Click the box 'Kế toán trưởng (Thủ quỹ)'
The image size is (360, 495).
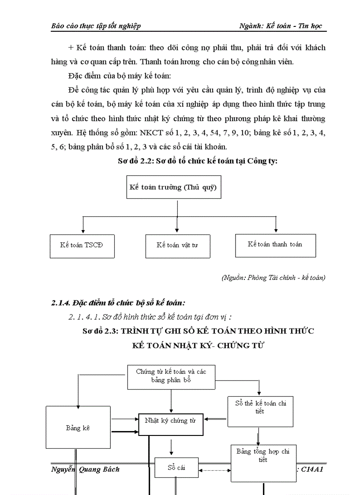(x=173, y=187)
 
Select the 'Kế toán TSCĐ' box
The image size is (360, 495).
(x=82, y=245)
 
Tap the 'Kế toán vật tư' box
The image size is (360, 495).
(x=177, y=246)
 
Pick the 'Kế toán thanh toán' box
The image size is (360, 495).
(x=275, y=245)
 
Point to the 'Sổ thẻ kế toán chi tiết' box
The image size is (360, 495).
(x=260, y=411)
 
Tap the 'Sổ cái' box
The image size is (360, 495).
(x=176, y=468)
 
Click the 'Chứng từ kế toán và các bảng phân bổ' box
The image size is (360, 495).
(x=171, y=376)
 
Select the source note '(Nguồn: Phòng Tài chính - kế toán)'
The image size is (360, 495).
(x=273, y=278)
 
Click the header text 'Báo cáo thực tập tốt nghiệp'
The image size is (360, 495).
(x=96, y=26)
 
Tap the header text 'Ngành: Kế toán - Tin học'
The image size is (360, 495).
(x=281, y=26)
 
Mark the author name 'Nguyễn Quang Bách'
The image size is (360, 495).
(x=86, y=469)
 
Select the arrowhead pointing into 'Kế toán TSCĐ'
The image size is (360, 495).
(x=82, y=231)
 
